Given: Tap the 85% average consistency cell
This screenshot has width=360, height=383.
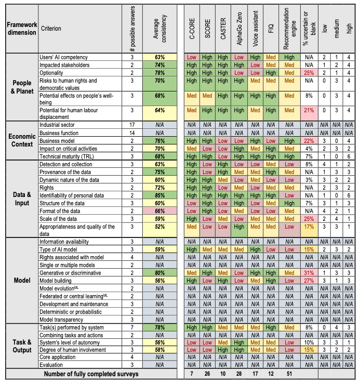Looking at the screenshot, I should point(159,195).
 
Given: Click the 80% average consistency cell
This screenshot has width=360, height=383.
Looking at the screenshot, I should point(159,273).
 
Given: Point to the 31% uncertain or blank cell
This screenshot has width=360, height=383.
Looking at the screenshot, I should point(310,273).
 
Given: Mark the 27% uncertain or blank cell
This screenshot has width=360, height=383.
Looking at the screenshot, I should point(310,280).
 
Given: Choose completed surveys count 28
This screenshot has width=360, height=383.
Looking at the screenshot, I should point(239,374).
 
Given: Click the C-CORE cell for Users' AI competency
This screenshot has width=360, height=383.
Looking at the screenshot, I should point(191,57).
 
